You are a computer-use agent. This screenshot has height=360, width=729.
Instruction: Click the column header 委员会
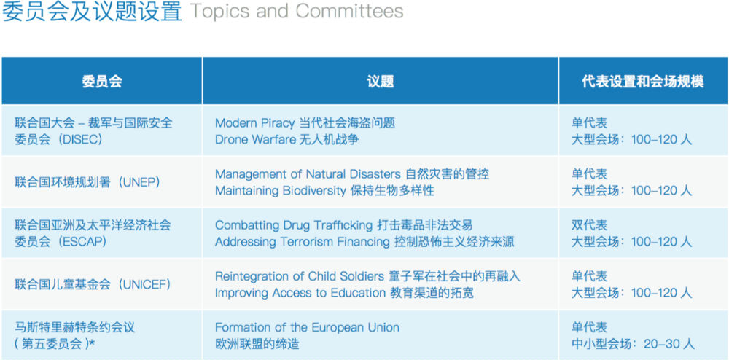pos(102,82)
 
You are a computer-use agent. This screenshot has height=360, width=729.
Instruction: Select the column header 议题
pos(381,82)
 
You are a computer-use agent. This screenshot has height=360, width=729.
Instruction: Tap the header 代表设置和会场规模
pos(643,82)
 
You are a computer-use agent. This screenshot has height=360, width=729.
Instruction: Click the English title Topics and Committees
pos(297,11)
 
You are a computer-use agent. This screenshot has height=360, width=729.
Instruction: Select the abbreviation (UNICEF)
pos(147,284)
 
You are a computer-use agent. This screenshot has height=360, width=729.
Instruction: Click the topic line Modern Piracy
pos(305,123)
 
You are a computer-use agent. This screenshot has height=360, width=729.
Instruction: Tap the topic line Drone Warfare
pos(286,140)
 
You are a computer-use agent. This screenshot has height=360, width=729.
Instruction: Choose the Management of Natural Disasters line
pos(352,174)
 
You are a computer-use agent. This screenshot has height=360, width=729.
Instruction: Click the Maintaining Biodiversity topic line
pos(324,191)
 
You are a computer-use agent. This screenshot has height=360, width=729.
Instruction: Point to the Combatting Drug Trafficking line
pos(343,225)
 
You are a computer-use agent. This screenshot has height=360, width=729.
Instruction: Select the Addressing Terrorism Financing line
pos(364,242)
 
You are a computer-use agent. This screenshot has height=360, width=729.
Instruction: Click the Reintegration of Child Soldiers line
pos(367,276)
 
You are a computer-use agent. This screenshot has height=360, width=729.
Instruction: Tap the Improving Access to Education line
pos(344,293)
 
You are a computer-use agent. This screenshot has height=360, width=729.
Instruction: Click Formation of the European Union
pos(307,327)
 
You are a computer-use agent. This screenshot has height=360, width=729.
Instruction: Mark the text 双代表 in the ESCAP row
pos(589,225)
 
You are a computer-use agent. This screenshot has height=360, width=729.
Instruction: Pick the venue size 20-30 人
pos(669,344)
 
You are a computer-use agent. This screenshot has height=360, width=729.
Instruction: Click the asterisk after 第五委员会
pos(92,343)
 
